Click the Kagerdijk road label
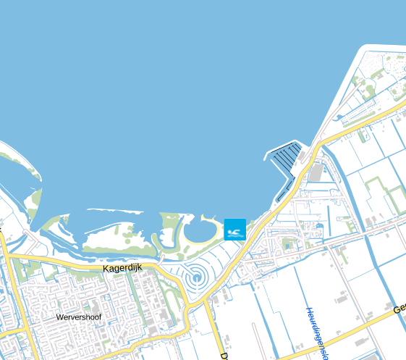(x=123, y=267)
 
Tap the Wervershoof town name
(x=79, y=317)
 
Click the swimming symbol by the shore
(x=235, y=230)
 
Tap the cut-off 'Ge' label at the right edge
(x=399, y=309)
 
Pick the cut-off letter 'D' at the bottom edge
(x=224, y=356)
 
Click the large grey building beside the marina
(x=316, y=172)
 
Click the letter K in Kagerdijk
(x=106, y=267)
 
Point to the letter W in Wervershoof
(x=59, y=317)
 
